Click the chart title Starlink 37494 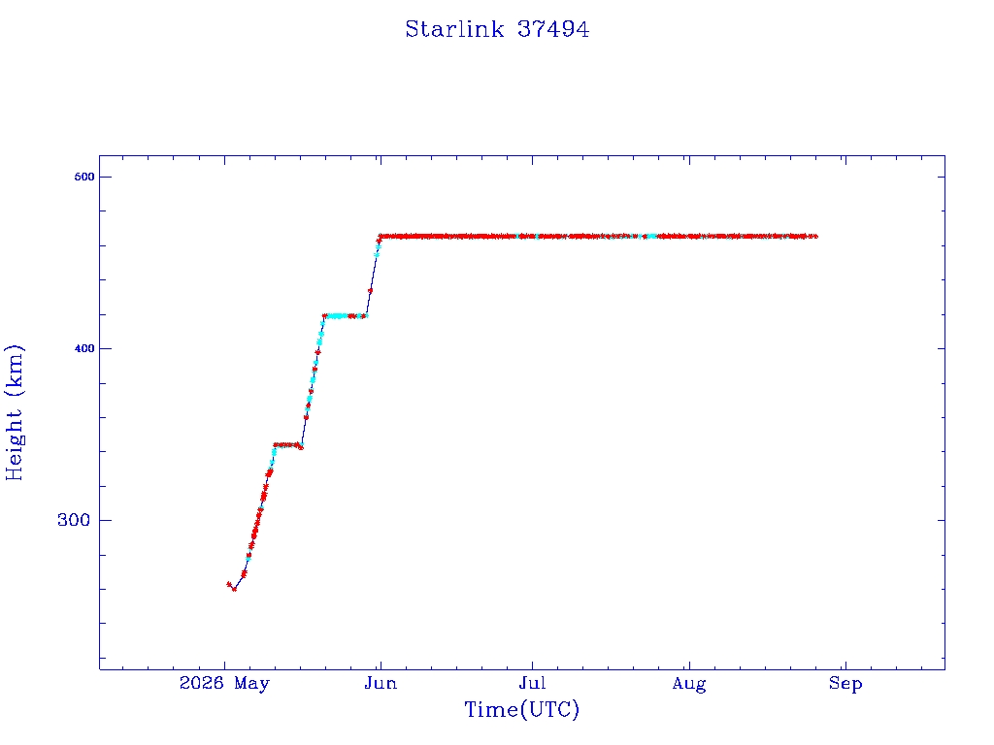(x=497, y=29)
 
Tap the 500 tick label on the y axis (x=84, y=177)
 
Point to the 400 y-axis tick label (x=84, y=348)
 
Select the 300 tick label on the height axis (x=74, y=520)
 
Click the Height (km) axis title (x=14, y=412)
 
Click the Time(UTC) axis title (x=521, y=709)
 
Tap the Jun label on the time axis (x=381, y=684)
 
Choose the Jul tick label (x=532, y=684)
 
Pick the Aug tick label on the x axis (x=689, y=684)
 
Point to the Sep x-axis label (x=845, y=684)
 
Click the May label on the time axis (x=251, y=684)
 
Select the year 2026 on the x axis (x=202, y=683)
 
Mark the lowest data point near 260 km (x=235, y=589)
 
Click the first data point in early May (x=229, y=584)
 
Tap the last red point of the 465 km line (x=814, y=237)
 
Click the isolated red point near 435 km (x=370, y=291)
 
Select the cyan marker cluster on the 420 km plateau (x=336, y=315)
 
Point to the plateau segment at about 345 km (x=287, y=444)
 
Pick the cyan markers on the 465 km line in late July (x=651, y=237)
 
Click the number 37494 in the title (x=552, y=29)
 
